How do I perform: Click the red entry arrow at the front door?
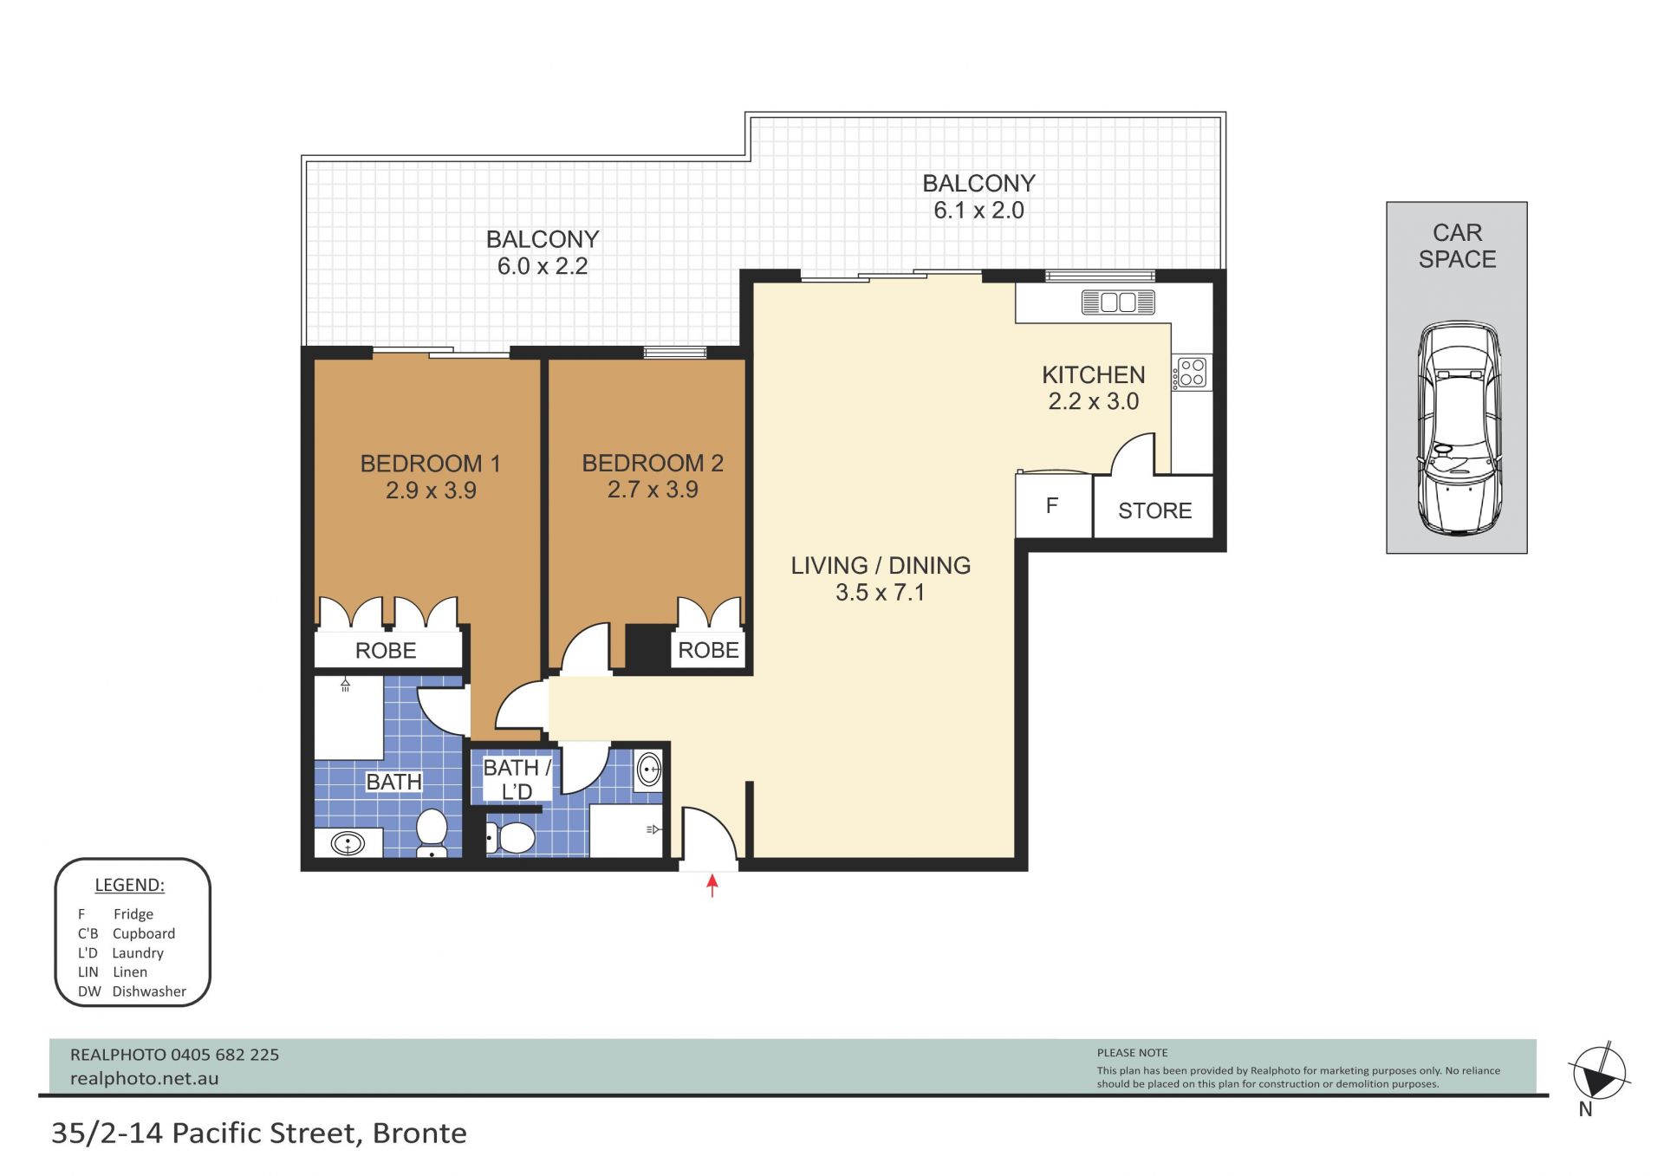[712, 886]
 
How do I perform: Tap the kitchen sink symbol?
[1118, 302]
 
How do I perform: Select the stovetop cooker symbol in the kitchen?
[1192, 373]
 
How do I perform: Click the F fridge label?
[1052, 505]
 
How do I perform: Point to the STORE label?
[1154, 510]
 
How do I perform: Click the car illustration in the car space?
[1459, 428]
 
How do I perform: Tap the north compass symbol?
[1599, 1075]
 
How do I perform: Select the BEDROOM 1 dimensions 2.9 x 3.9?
[431, 491]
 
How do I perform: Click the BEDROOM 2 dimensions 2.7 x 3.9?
[653, 490]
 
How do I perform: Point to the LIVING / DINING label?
[881, 565]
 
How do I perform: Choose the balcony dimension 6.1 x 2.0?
[978, 211]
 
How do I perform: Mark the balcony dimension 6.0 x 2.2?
[543, 266]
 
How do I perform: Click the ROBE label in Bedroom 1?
[386, 651]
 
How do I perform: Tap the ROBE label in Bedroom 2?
[708, 650]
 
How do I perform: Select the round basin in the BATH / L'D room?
[649, 769]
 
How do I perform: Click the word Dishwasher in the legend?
[149, 991]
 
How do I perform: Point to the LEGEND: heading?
[129, 885]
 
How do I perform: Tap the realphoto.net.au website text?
[145, 1079]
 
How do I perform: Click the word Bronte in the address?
[419, 1134]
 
